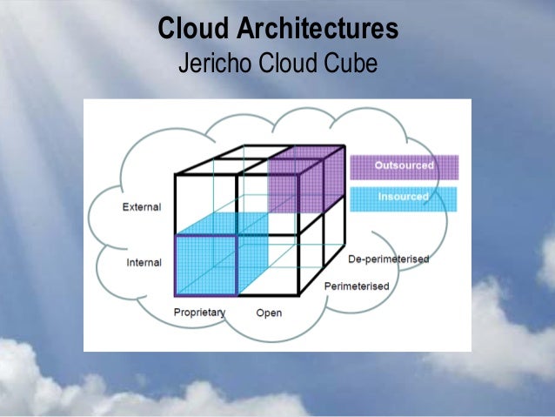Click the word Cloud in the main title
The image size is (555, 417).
tap(191, 29)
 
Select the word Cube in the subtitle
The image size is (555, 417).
tap(354, 64)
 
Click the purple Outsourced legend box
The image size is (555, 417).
tap(404, 166)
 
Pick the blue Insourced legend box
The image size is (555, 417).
tap(404, 198)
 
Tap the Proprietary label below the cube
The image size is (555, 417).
tap(199, 312)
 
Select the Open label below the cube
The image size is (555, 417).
tap(269, 313)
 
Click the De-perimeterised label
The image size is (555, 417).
tap(388, 259)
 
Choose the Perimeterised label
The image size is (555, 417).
tap(356, 286)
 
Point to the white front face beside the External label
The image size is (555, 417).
tap(206, 205)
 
